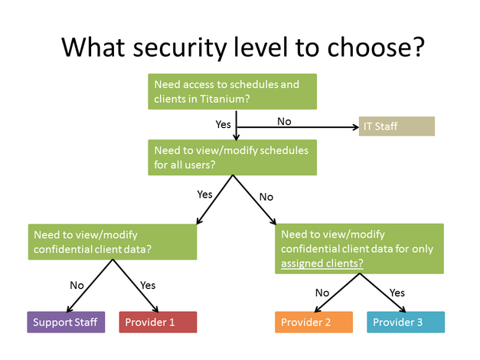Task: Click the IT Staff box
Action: (x=396, y=126)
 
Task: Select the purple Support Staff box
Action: (x=66, y=322)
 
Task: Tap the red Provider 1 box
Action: (x=158, y=322)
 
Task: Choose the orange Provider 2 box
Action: (x=314, y=322)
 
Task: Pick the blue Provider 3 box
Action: (x=405, y=322)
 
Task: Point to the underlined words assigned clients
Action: (x=322, y=263)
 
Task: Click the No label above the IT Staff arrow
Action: (x=284, y=120)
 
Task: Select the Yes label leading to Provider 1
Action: (x=148, y=285)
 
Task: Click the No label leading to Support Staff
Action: (x=77, y=285)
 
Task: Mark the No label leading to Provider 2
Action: (x=322, y=292)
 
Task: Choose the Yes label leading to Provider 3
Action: (x=397, y=292)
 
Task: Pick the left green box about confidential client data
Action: (x=113, y=241)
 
